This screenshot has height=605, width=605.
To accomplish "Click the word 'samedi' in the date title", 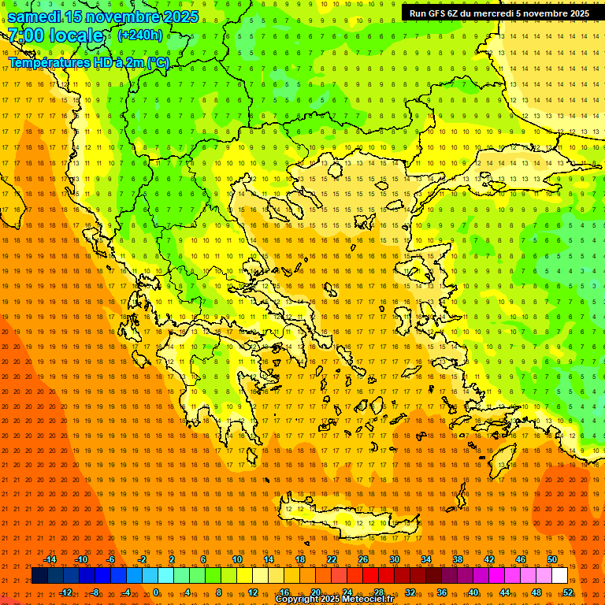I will click(x=39, y=17).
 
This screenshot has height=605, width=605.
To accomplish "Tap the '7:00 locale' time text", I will click(x=56, y=35).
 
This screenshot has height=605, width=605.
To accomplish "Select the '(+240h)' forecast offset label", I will click(x=140, y=35).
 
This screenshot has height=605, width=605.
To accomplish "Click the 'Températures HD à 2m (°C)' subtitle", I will click(x=89, y=62).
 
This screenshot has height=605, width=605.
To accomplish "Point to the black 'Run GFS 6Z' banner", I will click(x=499, y=13).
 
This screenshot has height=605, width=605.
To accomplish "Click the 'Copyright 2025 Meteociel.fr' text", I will click(x=334, y=599).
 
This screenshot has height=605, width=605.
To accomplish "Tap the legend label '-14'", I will click(x=50, y=559).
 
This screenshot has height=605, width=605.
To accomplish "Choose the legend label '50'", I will click(x=552, y=559).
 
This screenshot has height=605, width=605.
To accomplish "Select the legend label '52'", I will click(x=568, y=592).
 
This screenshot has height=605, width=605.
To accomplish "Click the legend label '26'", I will click(x=363, y=559).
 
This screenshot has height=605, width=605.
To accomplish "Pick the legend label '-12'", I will click(x=65, y=592).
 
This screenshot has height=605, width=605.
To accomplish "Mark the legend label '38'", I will click(x=458, y=559).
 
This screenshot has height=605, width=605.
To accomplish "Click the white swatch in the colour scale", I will click(x=559, y=576).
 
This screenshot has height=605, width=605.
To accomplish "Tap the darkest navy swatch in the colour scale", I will click(x=39, y=576).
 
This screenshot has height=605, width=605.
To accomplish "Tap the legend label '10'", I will click(x=237, y=559).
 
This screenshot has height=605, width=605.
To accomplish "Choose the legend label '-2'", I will click(x=143, y=559).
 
